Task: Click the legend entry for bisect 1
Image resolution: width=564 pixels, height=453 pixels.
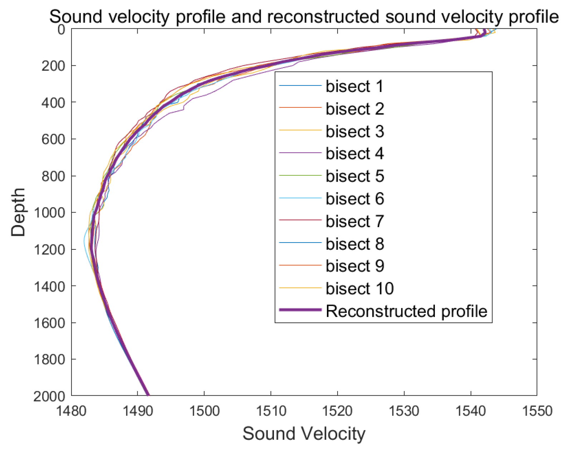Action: [354, 86]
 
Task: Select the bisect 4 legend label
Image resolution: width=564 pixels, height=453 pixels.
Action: [354, 154]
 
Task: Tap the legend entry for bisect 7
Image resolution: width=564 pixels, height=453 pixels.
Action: [354, 221]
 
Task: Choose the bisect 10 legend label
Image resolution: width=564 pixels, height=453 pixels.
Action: [359, 288]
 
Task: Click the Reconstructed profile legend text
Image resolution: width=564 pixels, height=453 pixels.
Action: [406, 311]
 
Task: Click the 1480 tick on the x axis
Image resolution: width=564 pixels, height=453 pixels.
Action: [72, 411]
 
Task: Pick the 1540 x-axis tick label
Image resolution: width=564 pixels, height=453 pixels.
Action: [471, 411]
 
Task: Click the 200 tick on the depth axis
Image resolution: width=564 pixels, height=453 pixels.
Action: [53, 66]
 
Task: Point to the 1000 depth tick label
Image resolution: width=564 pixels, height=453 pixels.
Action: [50, 213]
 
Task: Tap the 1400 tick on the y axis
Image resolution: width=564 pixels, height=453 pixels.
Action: [50, 286]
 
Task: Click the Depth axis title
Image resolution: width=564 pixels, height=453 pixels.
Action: [18, 212]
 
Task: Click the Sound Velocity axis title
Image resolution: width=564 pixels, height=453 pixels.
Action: [304, 434]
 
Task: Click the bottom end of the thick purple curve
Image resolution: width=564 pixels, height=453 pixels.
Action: [147, 394]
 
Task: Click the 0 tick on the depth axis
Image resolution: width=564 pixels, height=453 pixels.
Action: [61, 29]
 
